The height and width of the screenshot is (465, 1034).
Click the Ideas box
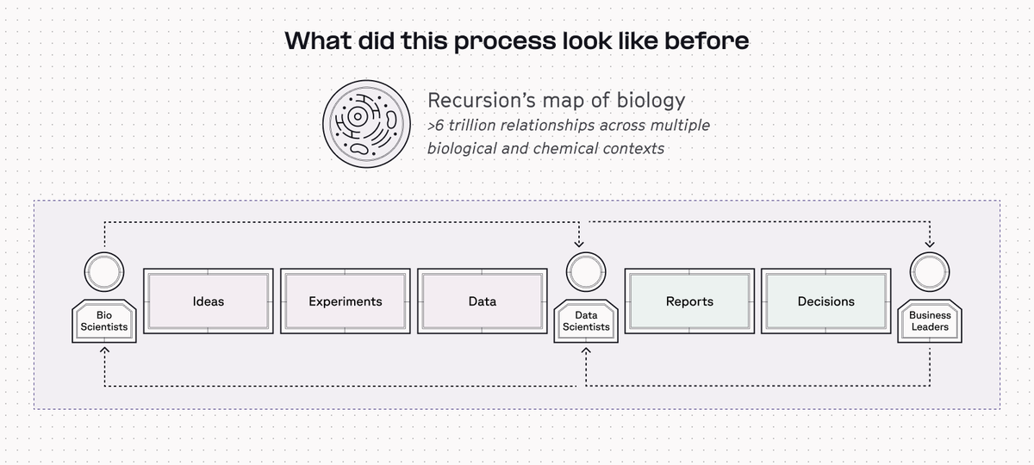pos(209,301)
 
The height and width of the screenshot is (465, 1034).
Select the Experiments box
pos(346,301)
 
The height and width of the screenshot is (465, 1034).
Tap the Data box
pos(483,301)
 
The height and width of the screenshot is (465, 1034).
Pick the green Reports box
pos(689,301)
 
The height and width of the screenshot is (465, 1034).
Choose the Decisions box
pos(826,301)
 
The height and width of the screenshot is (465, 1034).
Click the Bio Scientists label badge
pos(104,321)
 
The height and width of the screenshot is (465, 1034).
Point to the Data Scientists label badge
pos(586,321)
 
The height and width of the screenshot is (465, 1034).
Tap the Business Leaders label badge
pos(930,321)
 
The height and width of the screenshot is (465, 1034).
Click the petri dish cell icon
pos(366,124)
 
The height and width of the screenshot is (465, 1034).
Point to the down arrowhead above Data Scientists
pos(579,244)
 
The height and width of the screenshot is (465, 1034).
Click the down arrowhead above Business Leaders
pos(930,244)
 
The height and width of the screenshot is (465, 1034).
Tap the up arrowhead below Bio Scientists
pos(105,350)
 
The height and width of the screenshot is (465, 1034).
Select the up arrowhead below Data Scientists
pos(586,350)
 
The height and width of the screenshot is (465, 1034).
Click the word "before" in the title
pos(707,40)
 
